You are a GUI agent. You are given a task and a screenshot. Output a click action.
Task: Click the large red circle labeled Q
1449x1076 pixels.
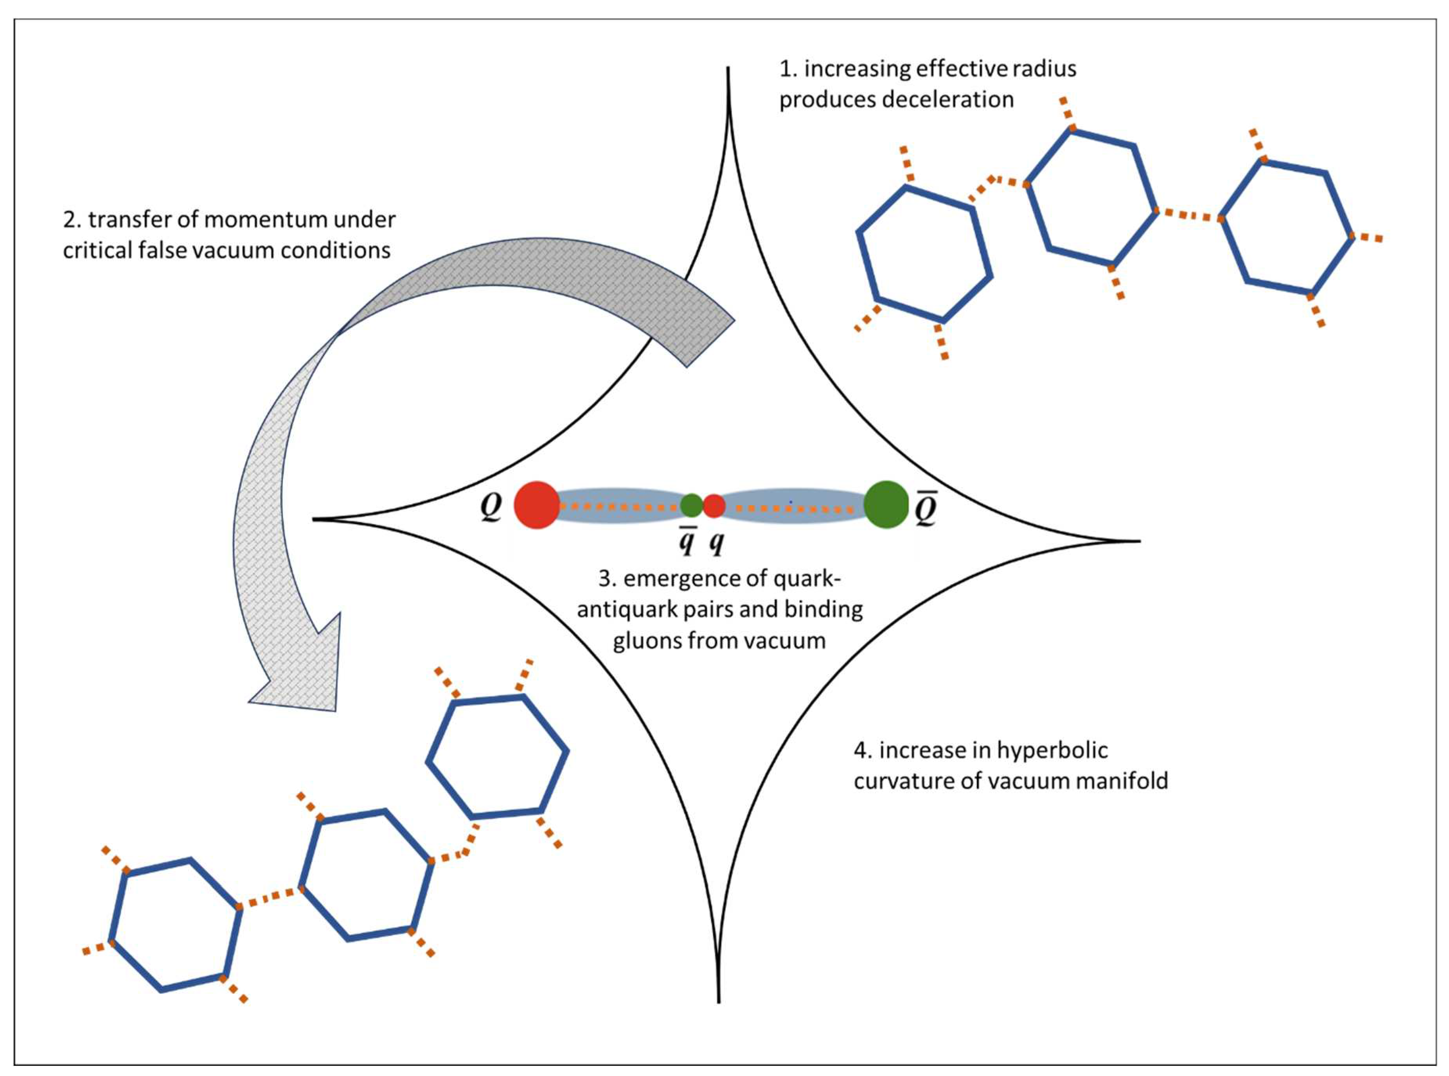click(536, 505)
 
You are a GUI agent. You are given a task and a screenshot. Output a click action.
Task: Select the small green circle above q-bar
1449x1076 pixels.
click(691, 505)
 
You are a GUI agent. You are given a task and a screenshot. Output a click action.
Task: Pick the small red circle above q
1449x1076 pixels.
click(714, 505)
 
